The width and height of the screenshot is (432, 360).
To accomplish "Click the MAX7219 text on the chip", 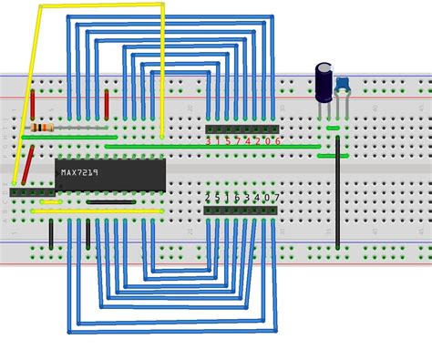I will coord(80,171).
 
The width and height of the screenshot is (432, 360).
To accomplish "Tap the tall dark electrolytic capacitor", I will coord(324,82).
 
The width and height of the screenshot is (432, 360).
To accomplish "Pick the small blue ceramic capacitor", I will coord(343,85).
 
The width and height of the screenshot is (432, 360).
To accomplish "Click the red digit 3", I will coord(209,141).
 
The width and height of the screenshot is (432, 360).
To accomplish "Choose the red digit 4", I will coord(247,141).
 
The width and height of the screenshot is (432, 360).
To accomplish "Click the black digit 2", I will coord(208,198).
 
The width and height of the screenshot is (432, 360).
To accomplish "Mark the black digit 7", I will coord(276,198).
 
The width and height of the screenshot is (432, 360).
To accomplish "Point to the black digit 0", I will coord(266,198).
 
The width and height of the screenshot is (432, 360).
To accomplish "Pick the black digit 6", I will coord(237,198).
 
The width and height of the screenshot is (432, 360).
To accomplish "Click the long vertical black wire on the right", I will coord(337,201).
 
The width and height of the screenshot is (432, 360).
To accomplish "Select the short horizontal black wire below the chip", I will coord(111,201).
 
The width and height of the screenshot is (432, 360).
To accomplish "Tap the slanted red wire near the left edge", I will coord(28,165).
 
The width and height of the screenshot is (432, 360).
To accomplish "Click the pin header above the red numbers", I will coord(242,129).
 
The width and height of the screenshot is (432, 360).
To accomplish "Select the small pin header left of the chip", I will coord(31,192).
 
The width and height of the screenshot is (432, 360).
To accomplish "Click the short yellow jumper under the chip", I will coord(51,201).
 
